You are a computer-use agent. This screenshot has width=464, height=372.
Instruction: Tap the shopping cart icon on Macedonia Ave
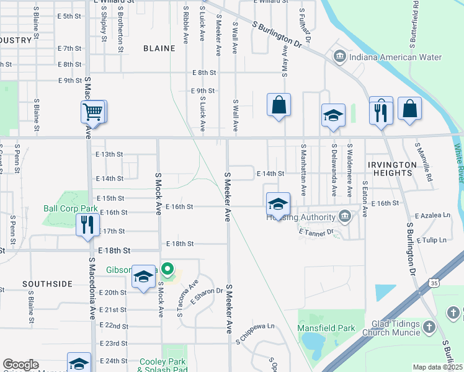pos(92,112)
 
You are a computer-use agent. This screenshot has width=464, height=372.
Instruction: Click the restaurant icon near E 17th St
pos(87,224)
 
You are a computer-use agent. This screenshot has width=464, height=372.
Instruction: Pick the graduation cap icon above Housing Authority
pos(278,203)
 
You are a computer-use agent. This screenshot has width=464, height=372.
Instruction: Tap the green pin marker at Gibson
pos(167,269)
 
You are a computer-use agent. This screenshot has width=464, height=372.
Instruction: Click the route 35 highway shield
pos(434,283)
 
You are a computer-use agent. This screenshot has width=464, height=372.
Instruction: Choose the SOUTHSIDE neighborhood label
pos(47,284)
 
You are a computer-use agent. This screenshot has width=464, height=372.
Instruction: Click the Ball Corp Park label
pos(71,208)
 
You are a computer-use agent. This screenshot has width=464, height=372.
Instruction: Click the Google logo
pos(20,365)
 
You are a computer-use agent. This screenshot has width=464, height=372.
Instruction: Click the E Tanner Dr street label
pos(316,232)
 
